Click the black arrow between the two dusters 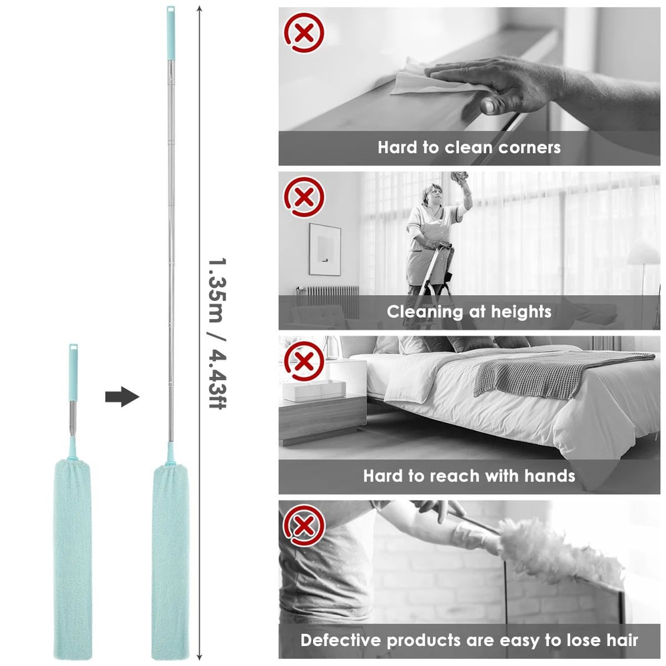pyautogui.click(x=123, y=397)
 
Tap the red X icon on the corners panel pyautogui.click(x=304, y=33)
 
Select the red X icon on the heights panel pyautogui.click(x=304, y=197)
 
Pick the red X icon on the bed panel pyautogui.click(x=304, y=362)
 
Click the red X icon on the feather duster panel pyautogui.click(x=304, y=526)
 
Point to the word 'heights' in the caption pyautogui.click(x=521, y=312)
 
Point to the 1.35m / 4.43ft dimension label pyautogui.click(x=217, y=333)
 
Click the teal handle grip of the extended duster pyautogui.click(x=170, y=33)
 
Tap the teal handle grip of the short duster pyautogui.click(x=73, y=372)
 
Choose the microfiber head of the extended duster pyautogui.click(x=170, y=561)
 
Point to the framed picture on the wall pyautogui.click(x=324, y=249)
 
